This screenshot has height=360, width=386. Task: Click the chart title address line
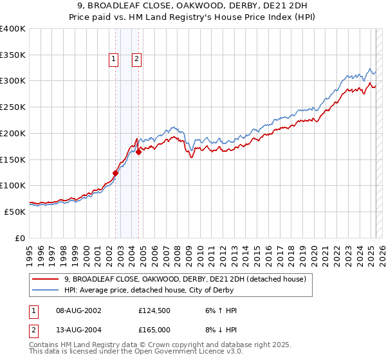tap(193, 5)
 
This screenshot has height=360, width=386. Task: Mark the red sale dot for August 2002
tap(116, 172)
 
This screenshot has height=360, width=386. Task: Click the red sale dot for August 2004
tap(138, 152)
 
